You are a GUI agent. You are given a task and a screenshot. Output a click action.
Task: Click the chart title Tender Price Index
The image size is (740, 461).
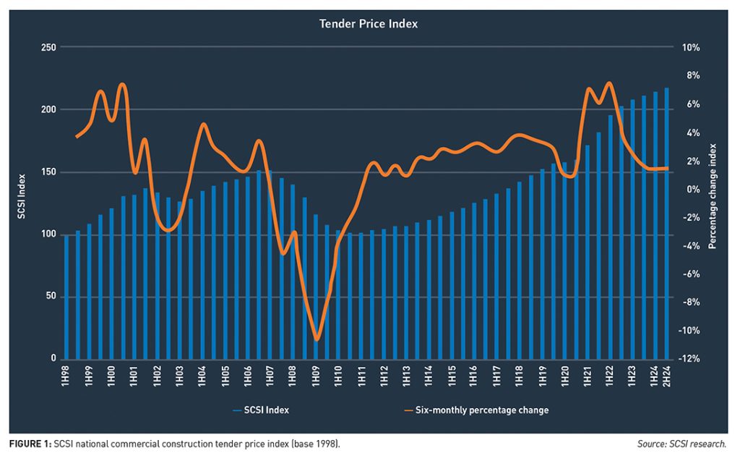tap(369, 24)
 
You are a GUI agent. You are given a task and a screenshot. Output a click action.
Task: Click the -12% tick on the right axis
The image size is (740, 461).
tap(689, 359)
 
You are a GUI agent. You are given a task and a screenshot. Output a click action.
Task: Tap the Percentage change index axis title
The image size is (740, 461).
tap(712, 203)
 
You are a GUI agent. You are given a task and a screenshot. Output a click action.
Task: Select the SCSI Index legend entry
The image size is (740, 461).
tap(261, 410)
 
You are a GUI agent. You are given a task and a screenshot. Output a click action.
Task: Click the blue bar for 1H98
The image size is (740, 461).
tap(66, 297)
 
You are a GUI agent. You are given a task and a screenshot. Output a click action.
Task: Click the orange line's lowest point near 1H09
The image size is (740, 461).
tap(317, 339)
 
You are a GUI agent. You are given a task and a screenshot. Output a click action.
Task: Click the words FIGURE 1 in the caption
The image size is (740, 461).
tap(30, 442)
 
